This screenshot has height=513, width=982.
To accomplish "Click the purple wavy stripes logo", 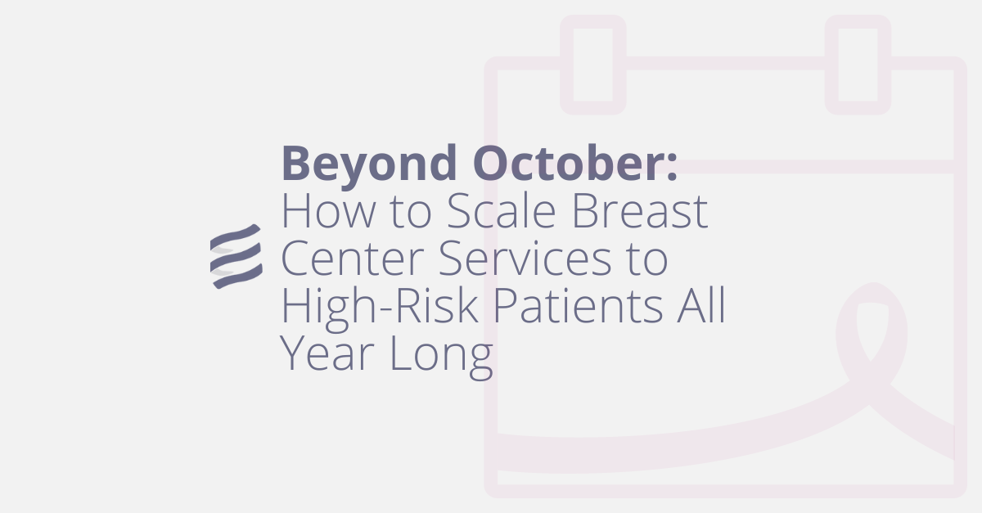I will [x=236, y=256].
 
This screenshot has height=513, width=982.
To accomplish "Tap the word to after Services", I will [x=646, y=260].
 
